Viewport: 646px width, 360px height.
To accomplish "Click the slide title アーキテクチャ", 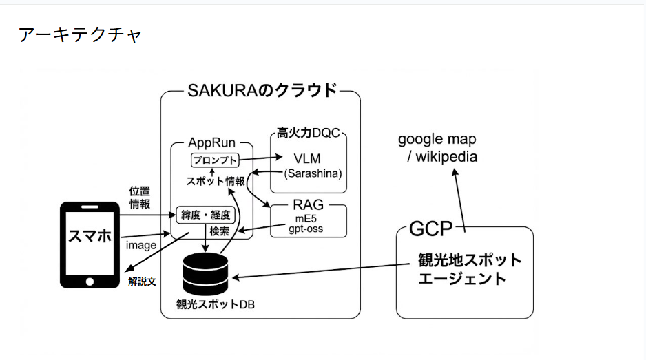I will pos(80,35).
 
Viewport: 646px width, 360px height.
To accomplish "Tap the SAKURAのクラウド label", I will pos(262,90).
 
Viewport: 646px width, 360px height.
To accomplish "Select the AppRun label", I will pos(211,143).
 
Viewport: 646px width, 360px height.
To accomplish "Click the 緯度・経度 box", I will pos(207,215).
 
